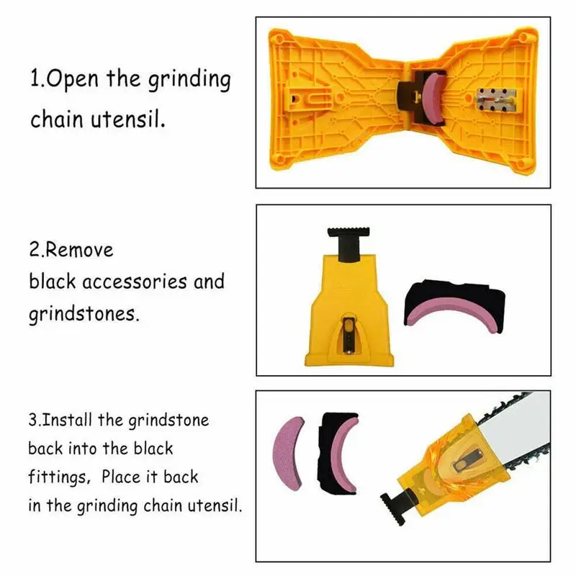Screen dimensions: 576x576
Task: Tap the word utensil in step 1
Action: tap(135, 119)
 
